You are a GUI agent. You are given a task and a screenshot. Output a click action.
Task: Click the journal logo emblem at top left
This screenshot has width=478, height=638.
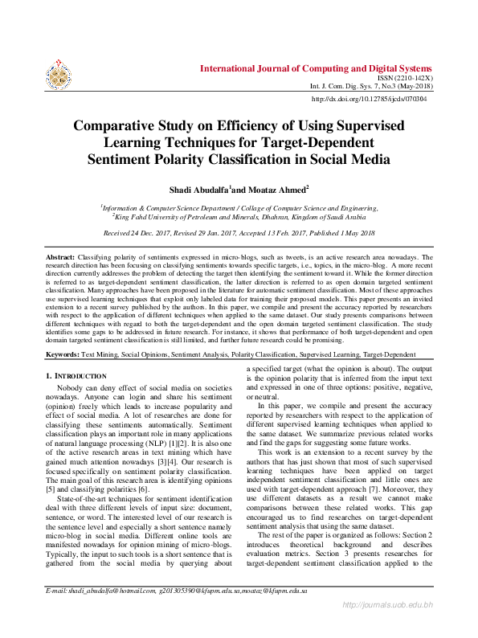(59, 73)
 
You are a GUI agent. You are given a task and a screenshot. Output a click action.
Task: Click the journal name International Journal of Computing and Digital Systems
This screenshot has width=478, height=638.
(316, 68)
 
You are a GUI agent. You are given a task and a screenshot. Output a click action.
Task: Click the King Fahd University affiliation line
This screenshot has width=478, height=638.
(239, 216)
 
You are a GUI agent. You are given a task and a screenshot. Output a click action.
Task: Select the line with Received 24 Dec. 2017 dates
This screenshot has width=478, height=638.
(239, 233)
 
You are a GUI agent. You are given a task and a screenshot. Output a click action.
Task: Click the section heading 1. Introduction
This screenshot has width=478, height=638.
(76, 376)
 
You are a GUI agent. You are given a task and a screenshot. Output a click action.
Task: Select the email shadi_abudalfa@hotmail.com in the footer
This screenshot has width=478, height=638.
(102, 613)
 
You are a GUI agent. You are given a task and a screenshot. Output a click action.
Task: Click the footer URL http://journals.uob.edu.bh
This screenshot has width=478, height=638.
(388, 627)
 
